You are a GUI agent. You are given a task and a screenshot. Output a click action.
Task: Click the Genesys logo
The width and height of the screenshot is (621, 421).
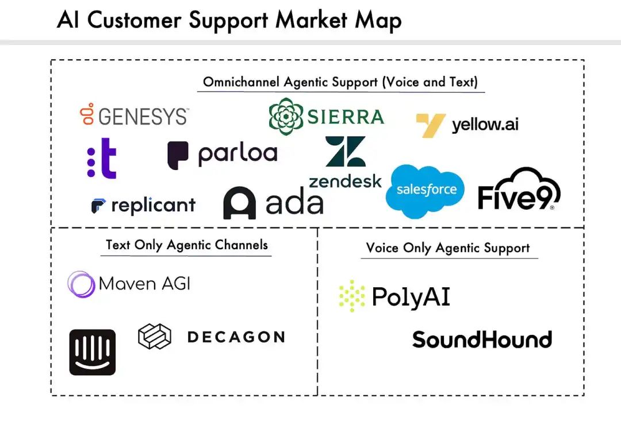(134, 115)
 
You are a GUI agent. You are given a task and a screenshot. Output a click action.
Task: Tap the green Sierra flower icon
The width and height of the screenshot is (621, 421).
(286, 117)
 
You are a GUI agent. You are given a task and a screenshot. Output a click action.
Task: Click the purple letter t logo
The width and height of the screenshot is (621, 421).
(102, 159)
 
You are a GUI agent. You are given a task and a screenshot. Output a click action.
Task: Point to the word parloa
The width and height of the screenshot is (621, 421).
(237, 155)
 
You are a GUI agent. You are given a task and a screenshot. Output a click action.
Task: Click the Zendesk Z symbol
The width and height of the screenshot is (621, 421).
(346, 152)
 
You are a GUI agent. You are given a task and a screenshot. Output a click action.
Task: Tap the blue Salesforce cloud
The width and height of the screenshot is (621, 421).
(425, 191)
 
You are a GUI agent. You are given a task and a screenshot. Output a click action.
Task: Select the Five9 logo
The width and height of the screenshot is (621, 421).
(519, 189)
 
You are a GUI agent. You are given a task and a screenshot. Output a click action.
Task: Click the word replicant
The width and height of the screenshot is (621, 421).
(154, 206)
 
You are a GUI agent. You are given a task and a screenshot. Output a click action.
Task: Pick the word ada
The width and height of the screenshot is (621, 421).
(294, 202)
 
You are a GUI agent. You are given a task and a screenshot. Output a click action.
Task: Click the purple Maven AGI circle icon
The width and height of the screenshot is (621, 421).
(81, 284)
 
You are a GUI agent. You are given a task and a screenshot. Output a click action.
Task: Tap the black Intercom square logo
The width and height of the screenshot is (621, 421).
(92, 352)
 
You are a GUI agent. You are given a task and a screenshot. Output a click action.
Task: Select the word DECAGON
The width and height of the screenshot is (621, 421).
(236, 337)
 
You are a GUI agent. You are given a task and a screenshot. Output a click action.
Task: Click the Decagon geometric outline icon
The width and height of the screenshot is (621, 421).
(155, 337)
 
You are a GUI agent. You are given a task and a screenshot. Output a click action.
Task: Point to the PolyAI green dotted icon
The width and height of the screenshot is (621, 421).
(352, 296)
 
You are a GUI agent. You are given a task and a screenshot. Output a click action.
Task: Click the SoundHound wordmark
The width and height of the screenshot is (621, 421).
(482, 339)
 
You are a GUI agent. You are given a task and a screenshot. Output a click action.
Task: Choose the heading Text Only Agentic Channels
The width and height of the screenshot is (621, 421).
(186, 245)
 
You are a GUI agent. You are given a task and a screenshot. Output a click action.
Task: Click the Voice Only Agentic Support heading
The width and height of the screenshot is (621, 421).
(448, 248)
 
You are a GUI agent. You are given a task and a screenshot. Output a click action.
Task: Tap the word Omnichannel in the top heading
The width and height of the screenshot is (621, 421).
(241, 82)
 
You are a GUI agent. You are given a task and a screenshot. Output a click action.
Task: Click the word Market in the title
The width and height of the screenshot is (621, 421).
(312, 20)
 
